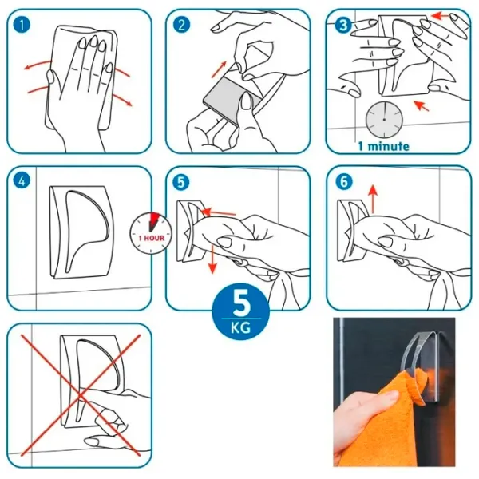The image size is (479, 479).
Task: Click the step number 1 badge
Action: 22,25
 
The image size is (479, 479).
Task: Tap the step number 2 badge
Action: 181,25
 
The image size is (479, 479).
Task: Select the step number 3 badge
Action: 343,25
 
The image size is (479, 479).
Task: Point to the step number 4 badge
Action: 22,181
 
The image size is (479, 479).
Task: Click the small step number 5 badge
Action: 181,182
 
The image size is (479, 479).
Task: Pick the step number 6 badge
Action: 343,182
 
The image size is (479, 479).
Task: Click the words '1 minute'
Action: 383,146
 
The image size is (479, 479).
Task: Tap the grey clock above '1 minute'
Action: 384,119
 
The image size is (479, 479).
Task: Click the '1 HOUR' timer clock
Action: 151,233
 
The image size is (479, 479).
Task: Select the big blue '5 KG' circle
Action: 241,314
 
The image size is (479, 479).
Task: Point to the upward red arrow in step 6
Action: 373,199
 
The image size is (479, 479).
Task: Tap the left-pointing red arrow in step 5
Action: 218,212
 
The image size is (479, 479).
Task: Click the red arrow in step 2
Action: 220,69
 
